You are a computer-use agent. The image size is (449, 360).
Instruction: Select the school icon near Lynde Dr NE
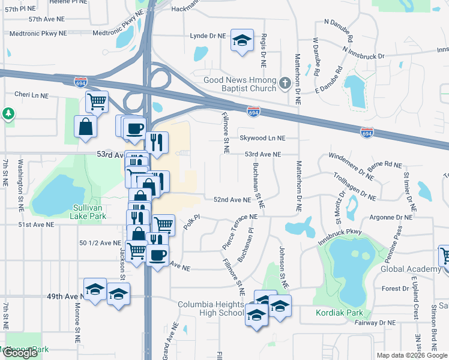[x=242, y=40]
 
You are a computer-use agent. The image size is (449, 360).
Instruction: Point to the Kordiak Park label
[x=340, y=313]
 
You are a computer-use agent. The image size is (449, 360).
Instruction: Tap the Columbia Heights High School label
[x=211, y=308]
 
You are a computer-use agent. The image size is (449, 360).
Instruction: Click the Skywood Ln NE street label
[x=262, y=138]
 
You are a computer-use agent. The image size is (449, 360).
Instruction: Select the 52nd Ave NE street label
[x=232, y=199]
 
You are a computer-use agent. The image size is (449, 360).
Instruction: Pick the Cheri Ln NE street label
[x=31, y=95]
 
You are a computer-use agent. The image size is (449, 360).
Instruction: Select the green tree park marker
[x=8, y=113]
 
